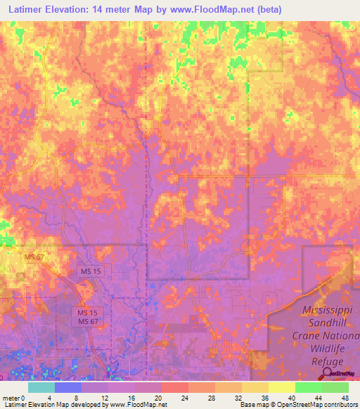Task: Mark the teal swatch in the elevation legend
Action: (x=41, y=387)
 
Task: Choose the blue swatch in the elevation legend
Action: (x=68, y=387)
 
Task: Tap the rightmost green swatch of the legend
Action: (x=335, y=387)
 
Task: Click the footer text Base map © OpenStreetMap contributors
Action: (x=298, y=405)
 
